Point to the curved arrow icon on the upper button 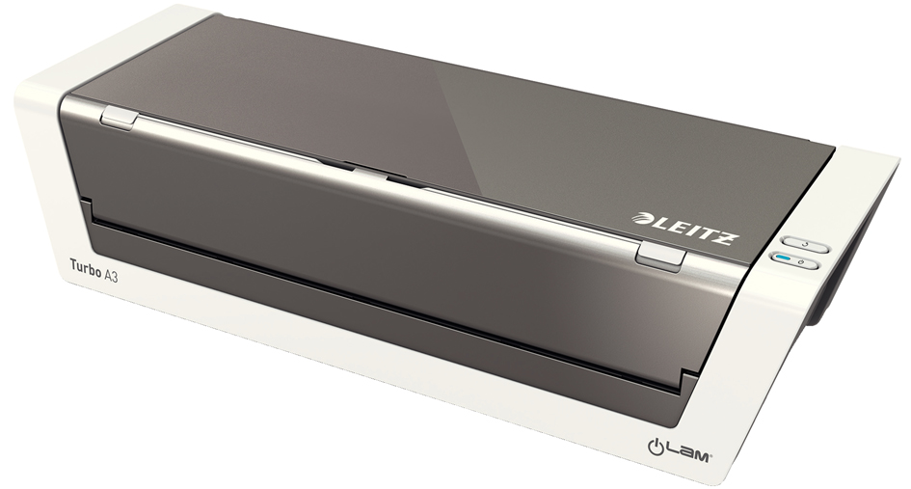pyautogui.click(x=805, y=245)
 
